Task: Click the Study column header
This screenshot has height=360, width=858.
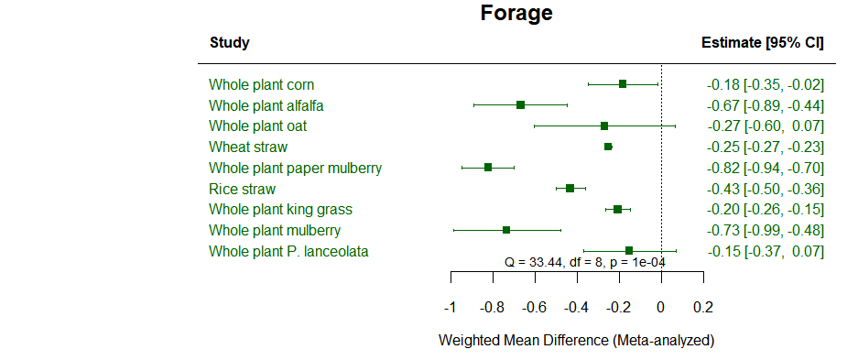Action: [229, 43]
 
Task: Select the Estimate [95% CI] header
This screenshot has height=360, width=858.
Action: [762, 43]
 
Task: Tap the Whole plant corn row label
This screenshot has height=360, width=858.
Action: [262, 85]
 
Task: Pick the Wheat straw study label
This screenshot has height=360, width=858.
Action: [248, 147]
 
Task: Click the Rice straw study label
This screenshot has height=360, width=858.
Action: [242, 189]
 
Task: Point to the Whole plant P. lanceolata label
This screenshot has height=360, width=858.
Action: [288, 251]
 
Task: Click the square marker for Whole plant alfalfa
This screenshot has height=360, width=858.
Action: [520, 105]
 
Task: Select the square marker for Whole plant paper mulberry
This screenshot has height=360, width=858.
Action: [488, 168]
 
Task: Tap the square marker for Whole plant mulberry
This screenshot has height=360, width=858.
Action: [506, 230]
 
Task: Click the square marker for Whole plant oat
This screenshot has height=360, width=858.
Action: [604, 126]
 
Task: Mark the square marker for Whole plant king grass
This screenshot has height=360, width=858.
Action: [618, 210]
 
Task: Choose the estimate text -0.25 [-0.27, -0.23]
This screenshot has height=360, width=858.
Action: [765, 147]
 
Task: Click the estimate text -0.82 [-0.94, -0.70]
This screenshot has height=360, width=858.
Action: [765, 169]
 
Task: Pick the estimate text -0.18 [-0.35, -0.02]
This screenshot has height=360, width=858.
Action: [765, 85]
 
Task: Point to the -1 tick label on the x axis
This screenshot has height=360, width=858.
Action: [450, 307]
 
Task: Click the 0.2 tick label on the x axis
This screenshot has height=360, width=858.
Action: [703, 307]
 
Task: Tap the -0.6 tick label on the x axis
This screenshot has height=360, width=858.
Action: [534, 307]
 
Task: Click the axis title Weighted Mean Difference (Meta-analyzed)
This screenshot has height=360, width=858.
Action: [576, 341]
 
